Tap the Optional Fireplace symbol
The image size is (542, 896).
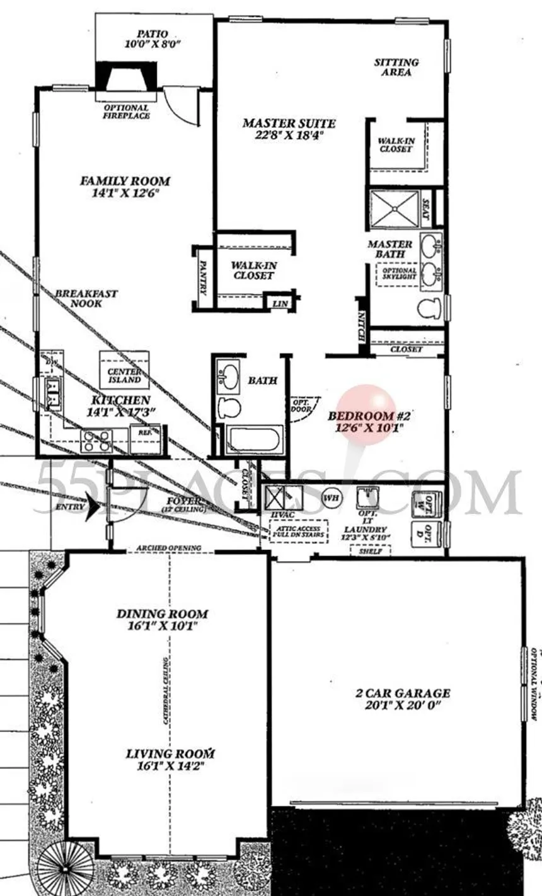(x=125, y=78)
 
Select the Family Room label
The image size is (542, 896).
(x=125, y=181)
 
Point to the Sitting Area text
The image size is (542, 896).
(x=396, y=67)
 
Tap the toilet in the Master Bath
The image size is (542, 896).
(x=430, y=308)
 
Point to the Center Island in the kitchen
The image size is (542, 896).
(x=124, y=376)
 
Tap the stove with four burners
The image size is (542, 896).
(x=97, y=441)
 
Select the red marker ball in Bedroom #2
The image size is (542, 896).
(x=367, y=412)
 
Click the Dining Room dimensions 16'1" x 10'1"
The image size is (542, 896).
(x=162, y=626)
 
